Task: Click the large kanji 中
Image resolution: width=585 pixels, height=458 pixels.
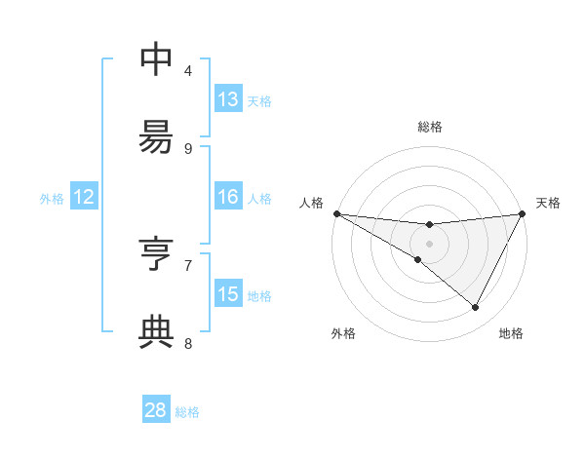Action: tap(156, 59)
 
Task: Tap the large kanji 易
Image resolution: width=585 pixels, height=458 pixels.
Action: tap(156, 137)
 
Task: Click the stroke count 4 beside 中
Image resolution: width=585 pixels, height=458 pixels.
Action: tap(188, 70)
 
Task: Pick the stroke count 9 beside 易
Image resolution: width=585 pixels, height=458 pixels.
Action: tap(188, 148)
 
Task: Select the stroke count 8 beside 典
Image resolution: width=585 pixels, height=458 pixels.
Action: tap(188, 343)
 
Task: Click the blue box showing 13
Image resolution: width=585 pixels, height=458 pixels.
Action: tap(228, 99)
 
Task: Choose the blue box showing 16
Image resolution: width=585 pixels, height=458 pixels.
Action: tap(228, 197)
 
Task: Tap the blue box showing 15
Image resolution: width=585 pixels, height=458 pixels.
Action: tap(228, 294)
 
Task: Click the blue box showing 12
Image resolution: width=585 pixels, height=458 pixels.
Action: tap(84, 197)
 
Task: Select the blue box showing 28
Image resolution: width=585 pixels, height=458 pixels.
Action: tap(156, 410)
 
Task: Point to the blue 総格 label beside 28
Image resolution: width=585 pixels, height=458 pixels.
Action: tap(187, 412)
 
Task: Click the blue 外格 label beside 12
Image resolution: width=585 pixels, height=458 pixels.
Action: tap(52, 198)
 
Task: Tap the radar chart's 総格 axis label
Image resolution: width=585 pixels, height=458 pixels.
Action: tap(429, 127)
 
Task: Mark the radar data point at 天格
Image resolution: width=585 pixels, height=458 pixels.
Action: tap(523, 213)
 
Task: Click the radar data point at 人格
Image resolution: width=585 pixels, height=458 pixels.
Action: tap(335, 213)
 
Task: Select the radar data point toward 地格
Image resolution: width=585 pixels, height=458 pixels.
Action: tap(476, 308)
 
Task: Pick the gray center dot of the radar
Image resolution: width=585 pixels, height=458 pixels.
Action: tap(429, 243)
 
